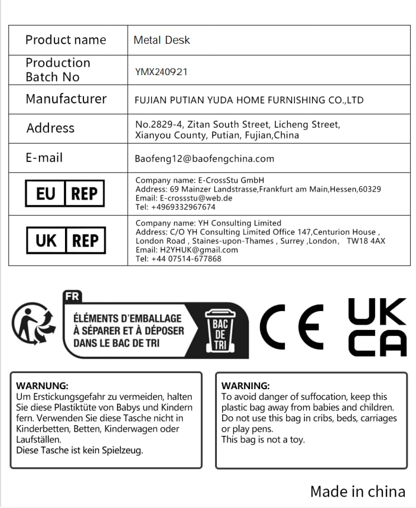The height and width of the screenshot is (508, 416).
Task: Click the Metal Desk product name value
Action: (161, 40)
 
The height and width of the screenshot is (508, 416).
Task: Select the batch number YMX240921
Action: (161, 72)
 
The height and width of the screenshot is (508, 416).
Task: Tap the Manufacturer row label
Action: (66, 99)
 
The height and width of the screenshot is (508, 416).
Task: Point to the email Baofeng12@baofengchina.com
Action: (204, 158)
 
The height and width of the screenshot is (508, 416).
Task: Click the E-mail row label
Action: (44, 158)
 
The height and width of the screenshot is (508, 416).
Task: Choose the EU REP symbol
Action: (64, 193)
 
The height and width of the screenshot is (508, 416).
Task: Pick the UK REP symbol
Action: (66, 240)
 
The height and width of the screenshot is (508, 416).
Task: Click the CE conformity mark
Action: (292, 326)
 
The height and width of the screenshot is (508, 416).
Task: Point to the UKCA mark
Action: (377, 327)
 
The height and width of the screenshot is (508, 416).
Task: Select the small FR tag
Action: (72, 296)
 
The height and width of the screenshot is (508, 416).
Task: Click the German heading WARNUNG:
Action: (42, 386)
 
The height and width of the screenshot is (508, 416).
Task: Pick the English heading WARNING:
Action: (245, 386)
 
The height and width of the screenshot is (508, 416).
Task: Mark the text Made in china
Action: (357, 491)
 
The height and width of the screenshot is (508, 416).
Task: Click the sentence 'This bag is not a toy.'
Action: (263, 439)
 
